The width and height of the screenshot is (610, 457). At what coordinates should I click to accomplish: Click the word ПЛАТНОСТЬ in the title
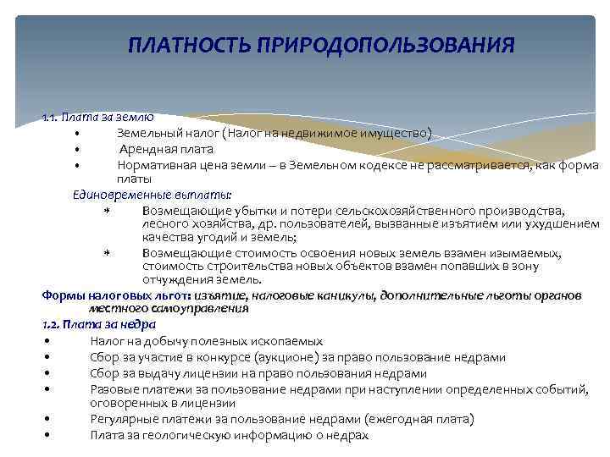pyautogui.click(x=180, y=43)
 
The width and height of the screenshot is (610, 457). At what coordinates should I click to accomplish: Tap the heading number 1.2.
pyautogui.click(x=52, y=324)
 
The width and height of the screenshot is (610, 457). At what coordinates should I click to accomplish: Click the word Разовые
pyautogui.click(x=113, y=388)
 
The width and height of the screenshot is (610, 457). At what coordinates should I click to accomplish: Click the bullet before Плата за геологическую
pyautogui.click(x=52, y=435)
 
